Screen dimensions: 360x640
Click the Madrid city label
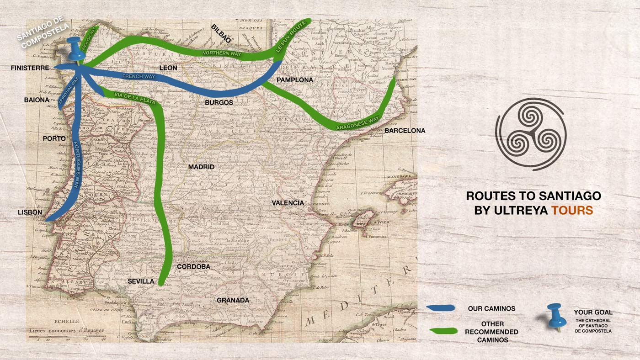201,167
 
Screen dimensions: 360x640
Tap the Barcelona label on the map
405,131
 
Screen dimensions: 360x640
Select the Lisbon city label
30,212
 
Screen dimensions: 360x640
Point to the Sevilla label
141,281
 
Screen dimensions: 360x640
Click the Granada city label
233,300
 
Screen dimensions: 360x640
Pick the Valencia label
288,202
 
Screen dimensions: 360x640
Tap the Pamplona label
295,80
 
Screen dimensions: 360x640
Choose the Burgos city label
219,103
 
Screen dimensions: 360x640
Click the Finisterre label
30,68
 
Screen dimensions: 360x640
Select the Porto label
54,138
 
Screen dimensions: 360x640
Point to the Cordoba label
193,266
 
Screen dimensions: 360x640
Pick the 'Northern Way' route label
222,54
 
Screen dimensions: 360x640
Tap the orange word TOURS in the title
572,211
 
